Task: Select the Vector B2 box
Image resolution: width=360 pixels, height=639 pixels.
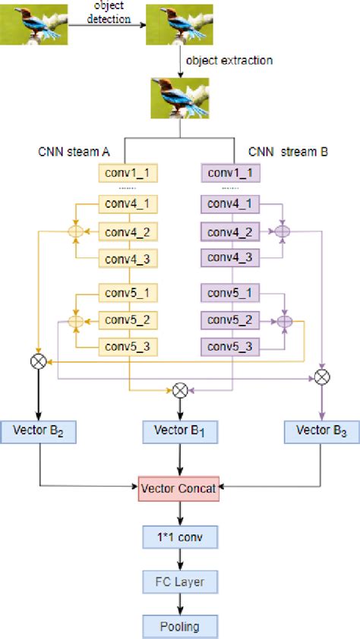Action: (x=39, y=431)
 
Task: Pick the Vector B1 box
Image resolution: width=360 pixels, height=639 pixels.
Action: (x=179, y=431)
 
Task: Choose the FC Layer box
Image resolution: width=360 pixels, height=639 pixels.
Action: (x=179, y=582)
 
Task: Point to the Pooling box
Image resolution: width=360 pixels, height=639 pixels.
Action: (x=179, y=626)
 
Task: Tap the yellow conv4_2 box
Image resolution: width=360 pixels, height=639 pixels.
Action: (x=129, y=231)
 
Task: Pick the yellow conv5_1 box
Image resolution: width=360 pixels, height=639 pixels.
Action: (x=129, y=292)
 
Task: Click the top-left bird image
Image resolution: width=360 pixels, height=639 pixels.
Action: (x=33, y=24)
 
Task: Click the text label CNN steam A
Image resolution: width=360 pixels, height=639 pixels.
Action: (x=70, y=152)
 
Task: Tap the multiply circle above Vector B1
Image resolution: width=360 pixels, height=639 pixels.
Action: (x=179, y=390)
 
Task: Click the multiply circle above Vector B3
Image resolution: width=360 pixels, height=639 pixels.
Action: (x=321, y=376)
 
